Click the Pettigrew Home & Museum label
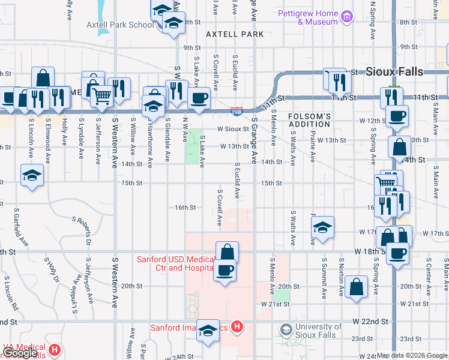point(309,17)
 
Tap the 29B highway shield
point(236,110)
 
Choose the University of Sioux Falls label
point(318,331)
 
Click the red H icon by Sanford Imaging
point(237,327)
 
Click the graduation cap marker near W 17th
point(323,227)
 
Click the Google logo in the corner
point(20,353)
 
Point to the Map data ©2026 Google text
point(411,355)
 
